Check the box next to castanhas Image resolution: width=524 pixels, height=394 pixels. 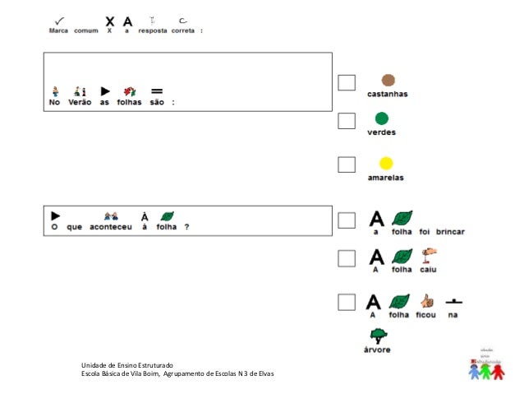[347, 82]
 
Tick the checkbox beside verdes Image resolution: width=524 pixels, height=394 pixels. [347, 121]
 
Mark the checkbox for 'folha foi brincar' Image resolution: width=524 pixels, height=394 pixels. [347, 220]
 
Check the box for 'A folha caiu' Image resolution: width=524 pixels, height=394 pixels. [347, 257]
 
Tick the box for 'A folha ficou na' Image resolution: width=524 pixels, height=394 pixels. [347, 302]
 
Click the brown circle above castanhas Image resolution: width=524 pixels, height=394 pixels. [388, 81]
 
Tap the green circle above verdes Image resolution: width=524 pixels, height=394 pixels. [381, 118]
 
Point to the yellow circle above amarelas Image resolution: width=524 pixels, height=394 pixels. [385, 163]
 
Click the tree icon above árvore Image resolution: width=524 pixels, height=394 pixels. [379, 335]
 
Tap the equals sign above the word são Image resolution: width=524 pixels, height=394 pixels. [157, 90]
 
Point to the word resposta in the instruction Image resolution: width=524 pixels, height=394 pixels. [153, 30]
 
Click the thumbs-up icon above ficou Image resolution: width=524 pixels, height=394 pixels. [426, 300]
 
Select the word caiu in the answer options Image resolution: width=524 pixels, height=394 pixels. [429, 269]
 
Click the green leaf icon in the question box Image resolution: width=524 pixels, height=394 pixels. [168, 216]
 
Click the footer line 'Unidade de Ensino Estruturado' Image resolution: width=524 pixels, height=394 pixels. [127, 365]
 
